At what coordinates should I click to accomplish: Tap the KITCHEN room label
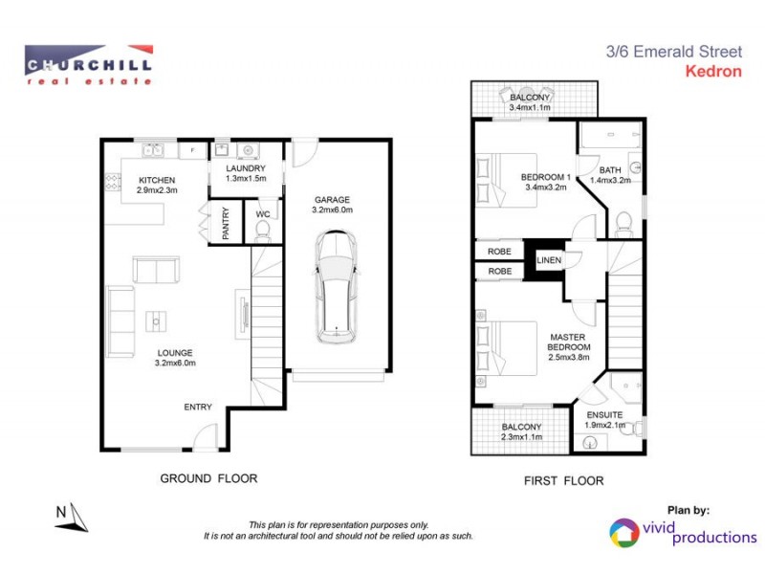coord(157,181)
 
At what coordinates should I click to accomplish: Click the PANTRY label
coord(226,223)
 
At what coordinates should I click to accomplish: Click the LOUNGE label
coord(175,352)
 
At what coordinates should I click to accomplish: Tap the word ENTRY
coord(198,408)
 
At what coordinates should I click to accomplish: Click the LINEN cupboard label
coord(549,260)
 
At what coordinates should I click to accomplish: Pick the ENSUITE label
coord(605,415)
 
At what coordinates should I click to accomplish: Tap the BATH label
coord(610,170)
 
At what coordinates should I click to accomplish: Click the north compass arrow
coord(72,518)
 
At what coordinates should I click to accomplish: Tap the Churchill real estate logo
coord(88,65)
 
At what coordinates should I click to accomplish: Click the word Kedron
coord(714,70)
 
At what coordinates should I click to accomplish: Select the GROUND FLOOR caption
coord(208,478)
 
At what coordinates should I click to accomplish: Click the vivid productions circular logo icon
coord(623,533)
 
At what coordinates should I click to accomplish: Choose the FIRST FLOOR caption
coord(564,480)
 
